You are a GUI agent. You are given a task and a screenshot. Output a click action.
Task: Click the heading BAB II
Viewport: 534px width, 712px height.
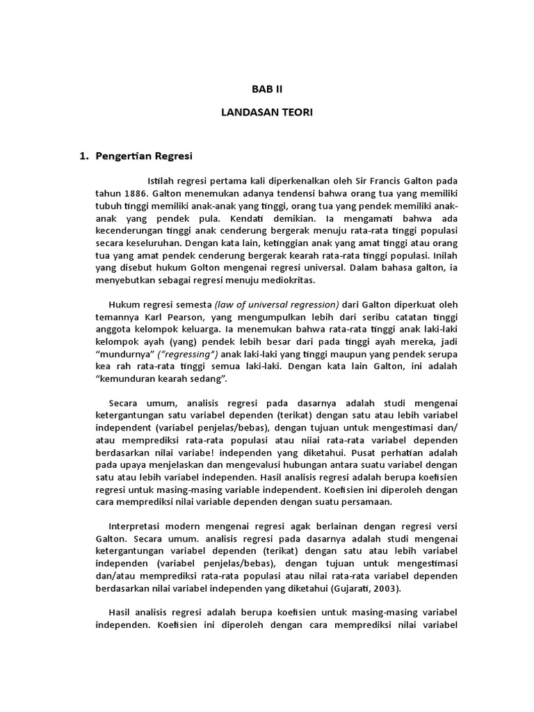268,89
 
